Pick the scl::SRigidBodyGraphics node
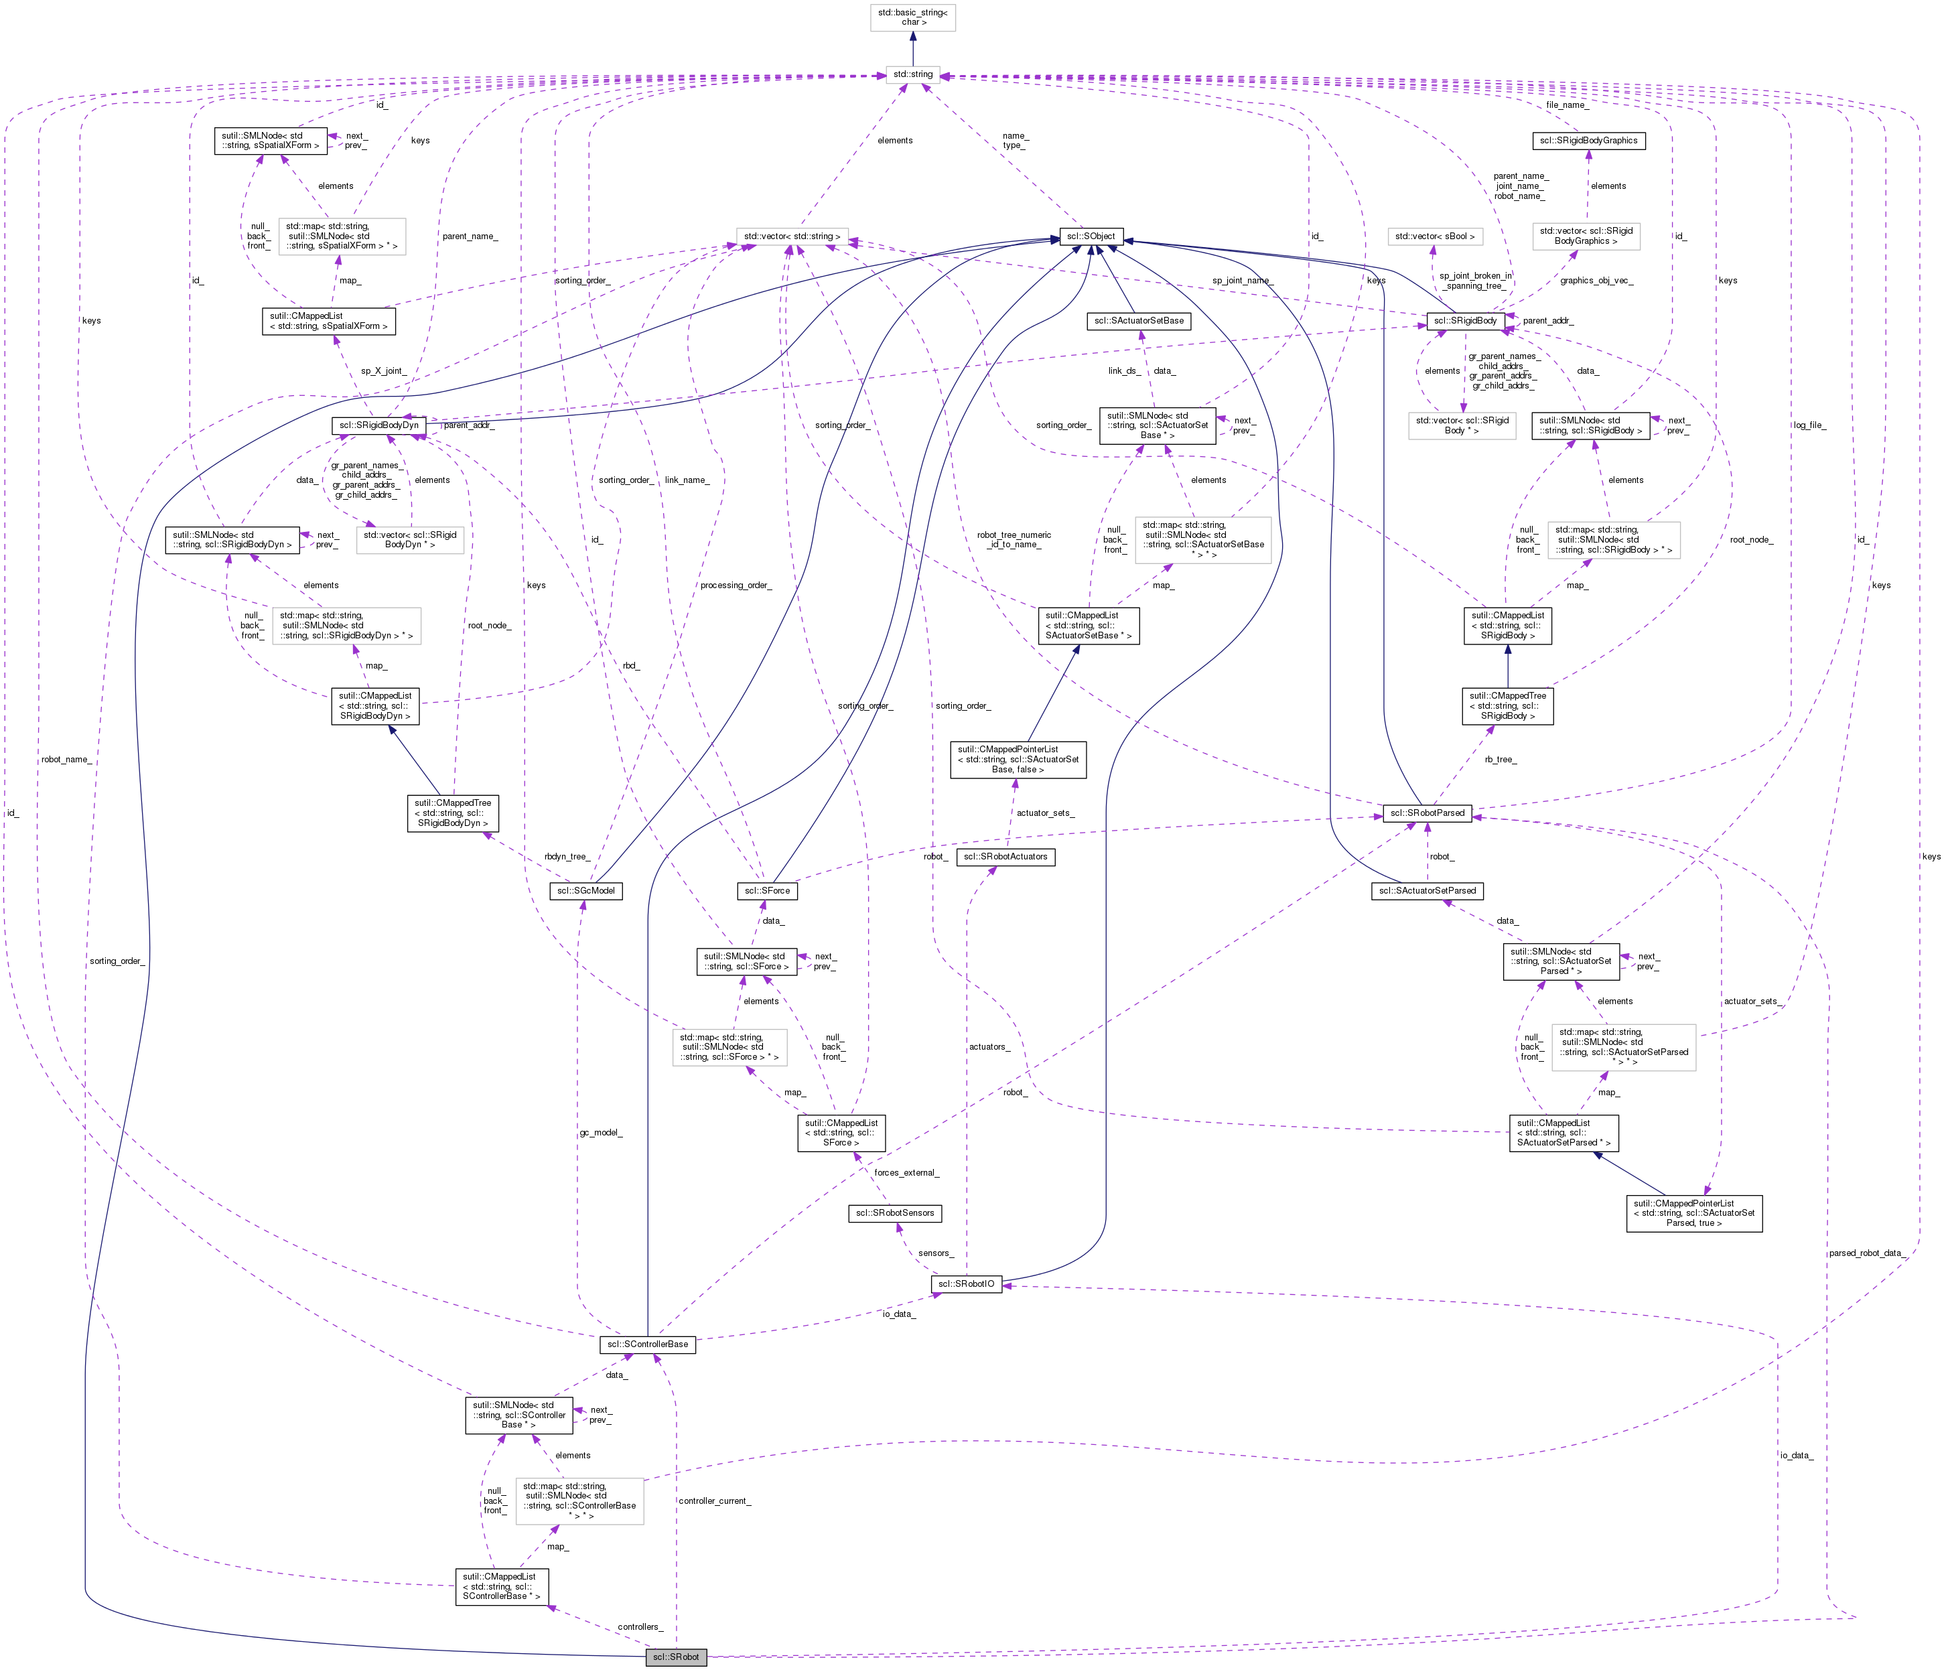point(1587,141)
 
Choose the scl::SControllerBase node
point(647,1344)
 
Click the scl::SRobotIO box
point(967,1284)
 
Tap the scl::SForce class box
point(767,890)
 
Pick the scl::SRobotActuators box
point(1005,857)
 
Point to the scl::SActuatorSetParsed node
point(1428,890)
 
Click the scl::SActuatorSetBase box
point(1138,320)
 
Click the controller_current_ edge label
point(715,1501)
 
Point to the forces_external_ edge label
point(906,1172)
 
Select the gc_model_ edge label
point(601,1132)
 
